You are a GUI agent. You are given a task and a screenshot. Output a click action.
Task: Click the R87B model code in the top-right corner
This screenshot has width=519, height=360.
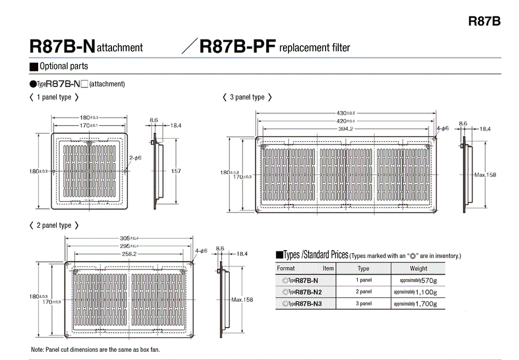pos(484,21)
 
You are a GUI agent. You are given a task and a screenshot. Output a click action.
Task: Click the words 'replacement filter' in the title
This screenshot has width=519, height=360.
pos(315,48)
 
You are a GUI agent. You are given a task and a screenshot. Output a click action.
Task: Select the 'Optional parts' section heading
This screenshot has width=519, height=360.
pos(63,67)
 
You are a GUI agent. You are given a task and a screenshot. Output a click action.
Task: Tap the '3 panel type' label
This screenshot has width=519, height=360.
pos(247,97)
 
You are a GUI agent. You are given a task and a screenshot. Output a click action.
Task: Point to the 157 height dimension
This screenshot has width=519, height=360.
pos(176,171)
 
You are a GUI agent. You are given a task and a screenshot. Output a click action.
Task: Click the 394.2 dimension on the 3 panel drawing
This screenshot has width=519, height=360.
pos(345,129)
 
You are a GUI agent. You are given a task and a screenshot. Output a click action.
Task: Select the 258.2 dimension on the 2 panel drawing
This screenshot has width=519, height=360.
pos(129,254)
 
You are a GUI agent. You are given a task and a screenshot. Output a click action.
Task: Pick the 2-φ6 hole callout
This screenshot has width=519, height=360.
pos(135,158)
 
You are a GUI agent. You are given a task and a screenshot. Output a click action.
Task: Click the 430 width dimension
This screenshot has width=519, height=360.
pos(345,113)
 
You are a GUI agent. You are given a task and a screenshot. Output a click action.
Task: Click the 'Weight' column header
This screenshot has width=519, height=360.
pos(418,268)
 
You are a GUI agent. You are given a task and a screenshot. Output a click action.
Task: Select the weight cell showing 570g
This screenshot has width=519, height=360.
pos(418,280)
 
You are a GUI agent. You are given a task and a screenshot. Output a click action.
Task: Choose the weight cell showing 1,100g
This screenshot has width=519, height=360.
pos(418,292)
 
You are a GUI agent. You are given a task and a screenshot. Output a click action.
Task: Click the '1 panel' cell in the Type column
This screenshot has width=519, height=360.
pos(363,280)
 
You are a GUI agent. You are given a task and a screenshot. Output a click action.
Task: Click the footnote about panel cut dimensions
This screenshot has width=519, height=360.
pos(95,349)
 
